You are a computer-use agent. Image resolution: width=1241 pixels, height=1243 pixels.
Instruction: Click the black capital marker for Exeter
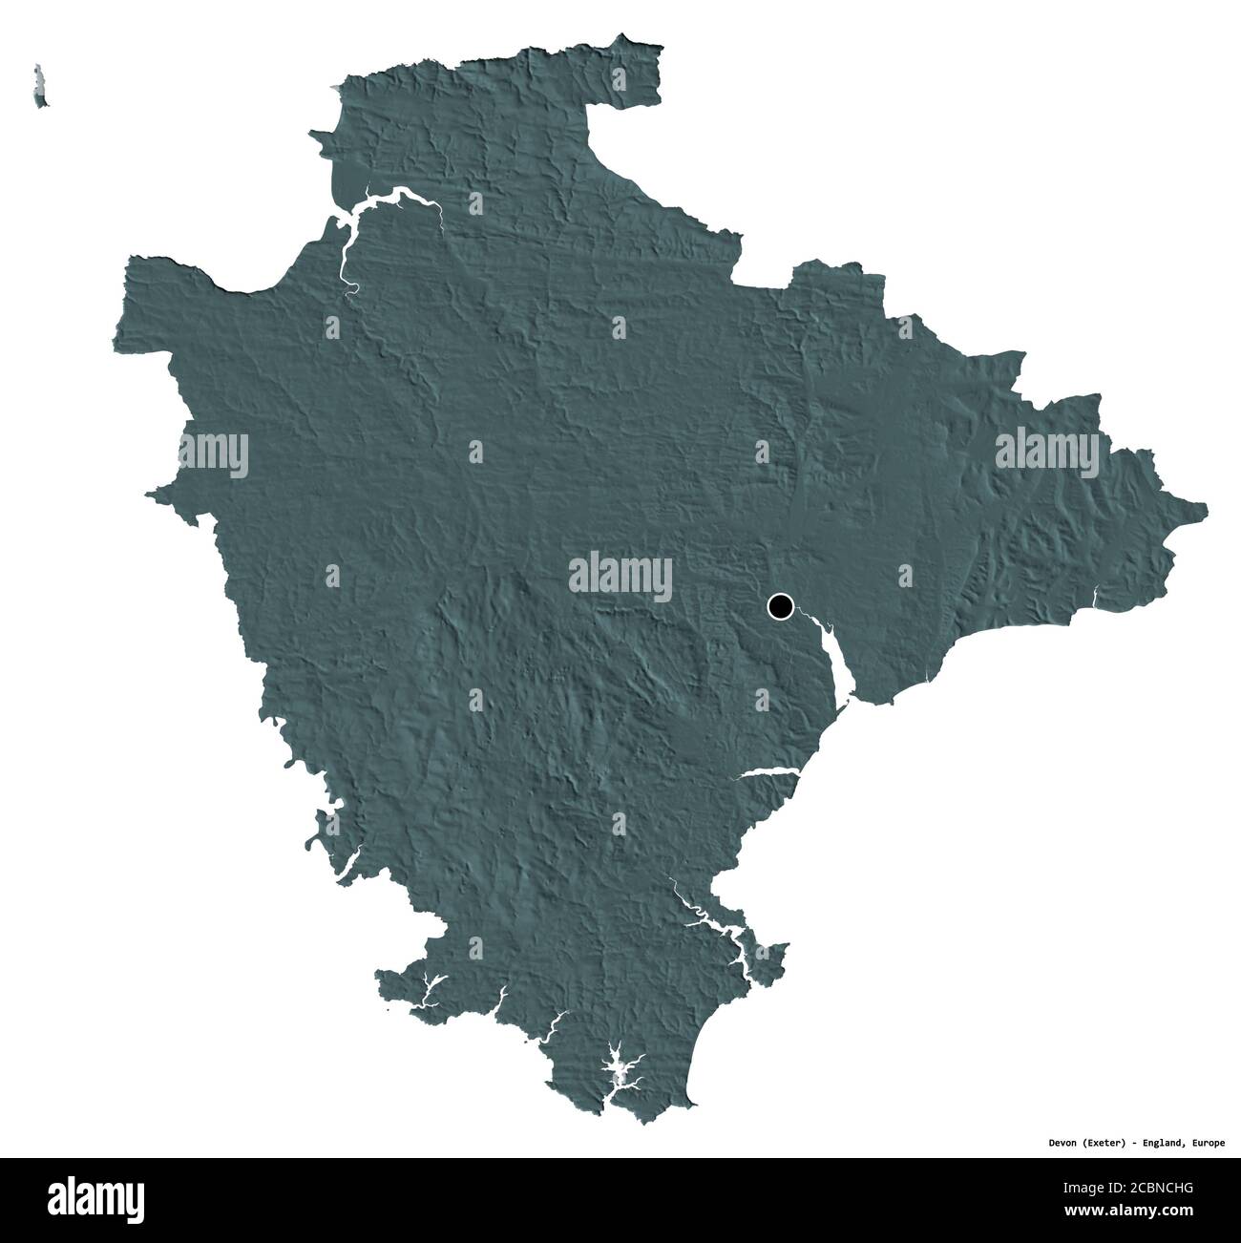[781, 605]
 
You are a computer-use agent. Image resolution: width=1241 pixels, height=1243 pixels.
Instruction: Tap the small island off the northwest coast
[39, 87]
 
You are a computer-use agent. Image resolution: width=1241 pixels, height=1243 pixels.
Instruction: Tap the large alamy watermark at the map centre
[620, 575]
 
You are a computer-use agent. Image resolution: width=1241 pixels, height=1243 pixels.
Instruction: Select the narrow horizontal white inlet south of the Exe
[768, 771]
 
